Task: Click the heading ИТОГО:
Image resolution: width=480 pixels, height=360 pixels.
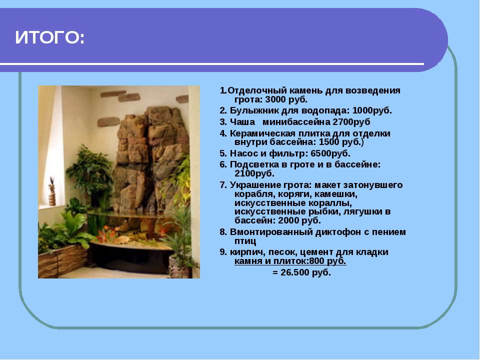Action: click(x=49, y=37)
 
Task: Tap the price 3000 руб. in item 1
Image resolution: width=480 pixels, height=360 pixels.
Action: click(x=286, y=99)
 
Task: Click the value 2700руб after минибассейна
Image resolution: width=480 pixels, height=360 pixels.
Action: click(x=351, y=122)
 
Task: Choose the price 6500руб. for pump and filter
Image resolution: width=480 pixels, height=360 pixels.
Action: click(x=330, y=153)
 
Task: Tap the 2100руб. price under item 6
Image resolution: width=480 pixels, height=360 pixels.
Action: click(x=254, y=173)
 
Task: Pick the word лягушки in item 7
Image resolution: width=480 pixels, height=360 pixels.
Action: click(x=360, y=211)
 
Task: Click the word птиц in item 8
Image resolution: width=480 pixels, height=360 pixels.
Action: click(x=245, y=241)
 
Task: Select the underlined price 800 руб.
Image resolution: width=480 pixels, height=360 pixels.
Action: click(x=327, y=261)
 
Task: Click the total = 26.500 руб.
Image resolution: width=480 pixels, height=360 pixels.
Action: click(x=301, y=272)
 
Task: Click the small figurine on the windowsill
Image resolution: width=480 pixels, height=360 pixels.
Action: click(x=52, y=191)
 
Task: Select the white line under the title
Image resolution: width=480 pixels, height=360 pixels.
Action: click(x=212, y=64)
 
